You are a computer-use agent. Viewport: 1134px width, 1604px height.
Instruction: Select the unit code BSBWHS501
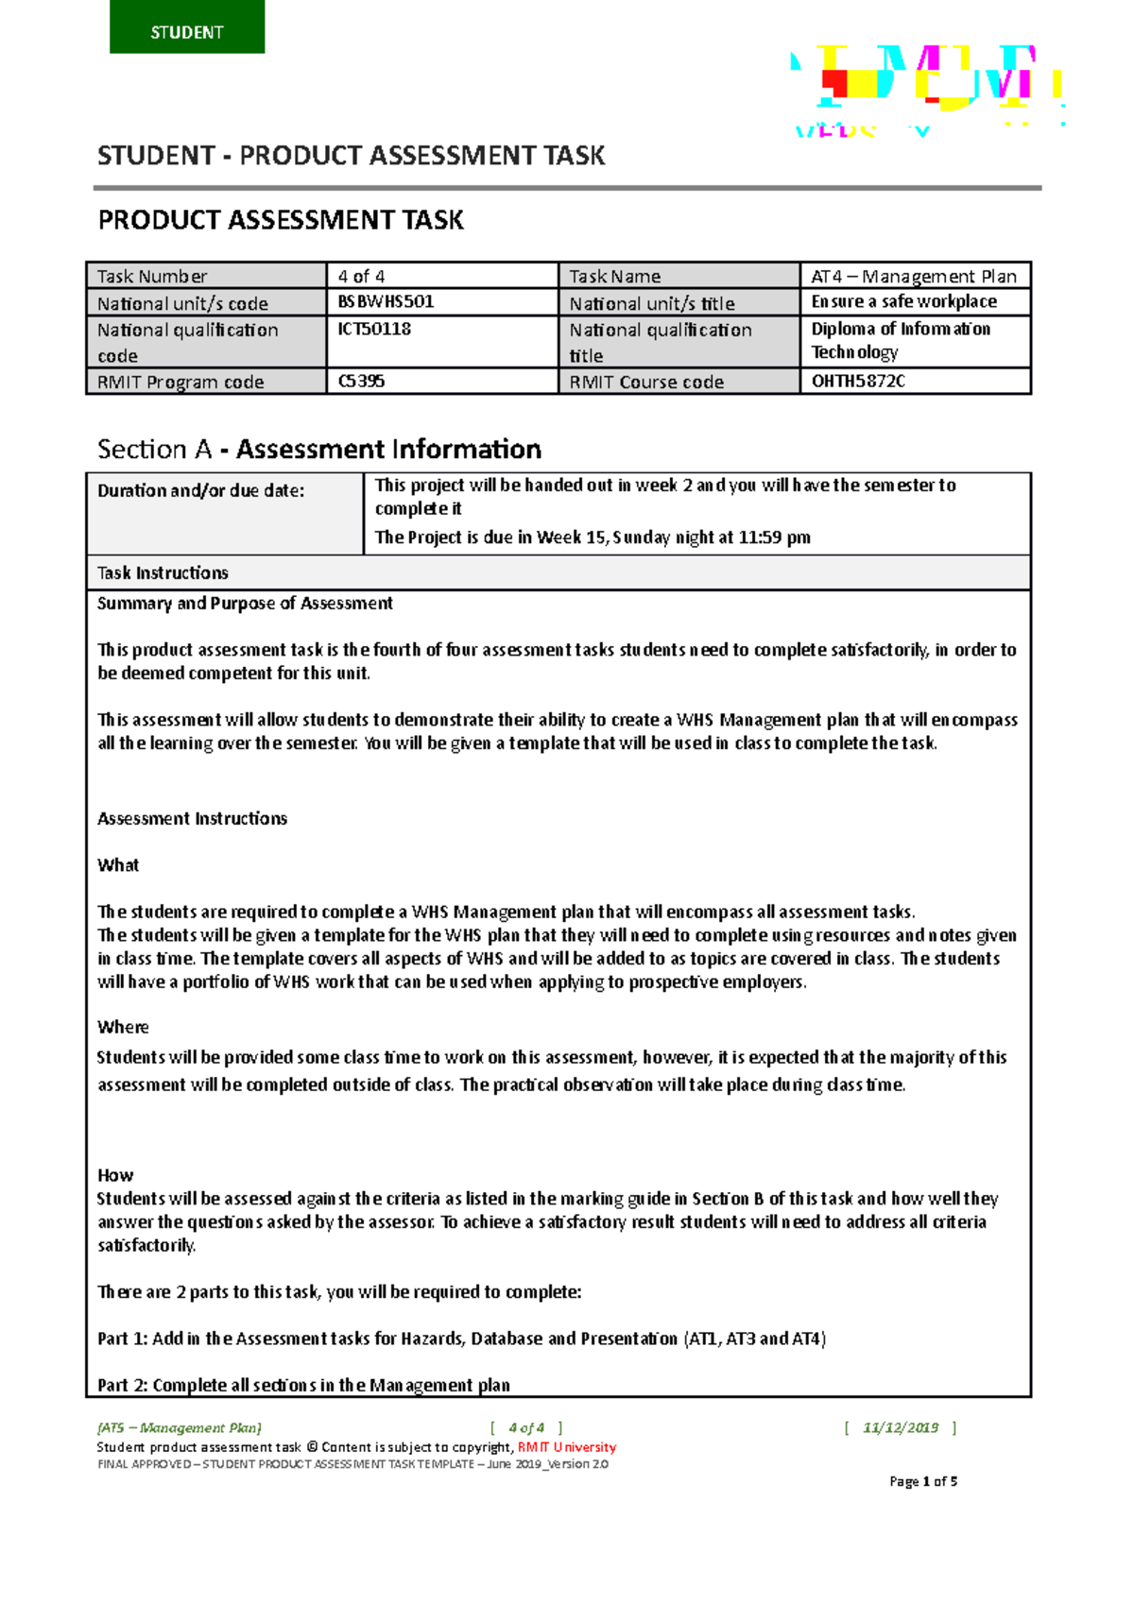[386, 302]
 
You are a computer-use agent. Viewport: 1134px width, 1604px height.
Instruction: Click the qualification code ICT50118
[374, 330]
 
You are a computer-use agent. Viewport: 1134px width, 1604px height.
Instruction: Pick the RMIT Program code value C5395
[361, 382]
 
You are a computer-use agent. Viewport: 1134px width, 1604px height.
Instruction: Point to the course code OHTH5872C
[858, 382]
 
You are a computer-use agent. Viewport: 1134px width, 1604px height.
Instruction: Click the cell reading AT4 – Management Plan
[914, 276]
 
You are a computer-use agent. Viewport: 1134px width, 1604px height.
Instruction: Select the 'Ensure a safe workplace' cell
[903, 302]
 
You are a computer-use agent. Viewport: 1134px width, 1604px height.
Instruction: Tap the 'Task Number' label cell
[152, 276]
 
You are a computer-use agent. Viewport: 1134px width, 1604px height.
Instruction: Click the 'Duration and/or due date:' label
[200, 490]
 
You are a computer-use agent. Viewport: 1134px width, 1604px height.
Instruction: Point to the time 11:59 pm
[774, 538]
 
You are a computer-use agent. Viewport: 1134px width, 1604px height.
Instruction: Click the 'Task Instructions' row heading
[163, 573]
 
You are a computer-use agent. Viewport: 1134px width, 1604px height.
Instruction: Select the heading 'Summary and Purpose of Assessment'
[245, 604]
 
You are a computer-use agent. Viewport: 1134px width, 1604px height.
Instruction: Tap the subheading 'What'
[118, 865]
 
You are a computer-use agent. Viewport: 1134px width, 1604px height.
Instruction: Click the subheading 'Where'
[123, 1027]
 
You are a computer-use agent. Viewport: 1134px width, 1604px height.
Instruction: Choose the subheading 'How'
[115, 1175]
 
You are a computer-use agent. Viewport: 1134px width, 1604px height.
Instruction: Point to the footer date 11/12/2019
[901, 1427]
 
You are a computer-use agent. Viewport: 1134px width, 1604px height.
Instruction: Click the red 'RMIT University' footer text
[567, 1447]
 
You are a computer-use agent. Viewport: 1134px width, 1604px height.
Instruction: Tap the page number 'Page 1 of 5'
[923, 1481]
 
